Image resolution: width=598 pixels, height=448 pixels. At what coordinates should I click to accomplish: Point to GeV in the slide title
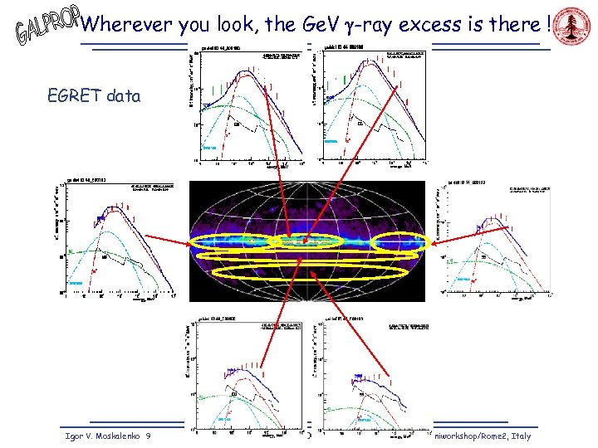coord(292,24)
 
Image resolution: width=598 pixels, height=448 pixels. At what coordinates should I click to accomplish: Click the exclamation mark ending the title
coord(549,24)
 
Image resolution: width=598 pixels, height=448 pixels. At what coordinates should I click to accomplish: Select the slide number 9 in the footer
coord(147,436)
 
